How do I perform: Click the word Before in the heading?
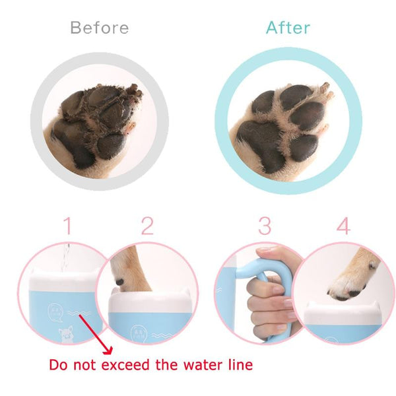pos(99,28)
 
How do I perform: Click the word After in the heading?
pos(288,28)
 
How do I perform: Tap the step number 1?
pos(67,226)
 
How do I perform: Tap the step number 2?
pos(147,226)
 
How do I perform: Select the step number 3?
pos(265,226)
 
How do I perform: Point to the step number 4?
pos(343,226)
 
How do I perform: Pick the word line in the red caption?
pos(238,364)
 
